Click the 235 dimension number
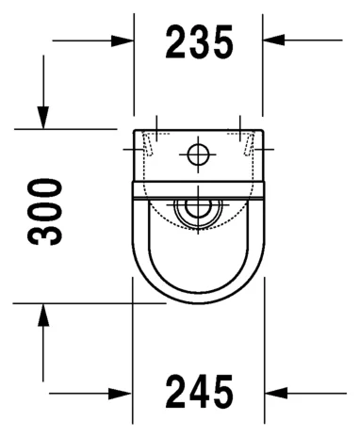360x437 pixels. click(x=199, y=41)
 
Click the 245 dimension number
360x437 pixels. click(x=199, y=392)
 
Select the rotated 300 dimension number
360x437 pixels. click(x=46, y=211)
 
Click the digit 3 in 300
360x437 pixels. click(x=46, y=233)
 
